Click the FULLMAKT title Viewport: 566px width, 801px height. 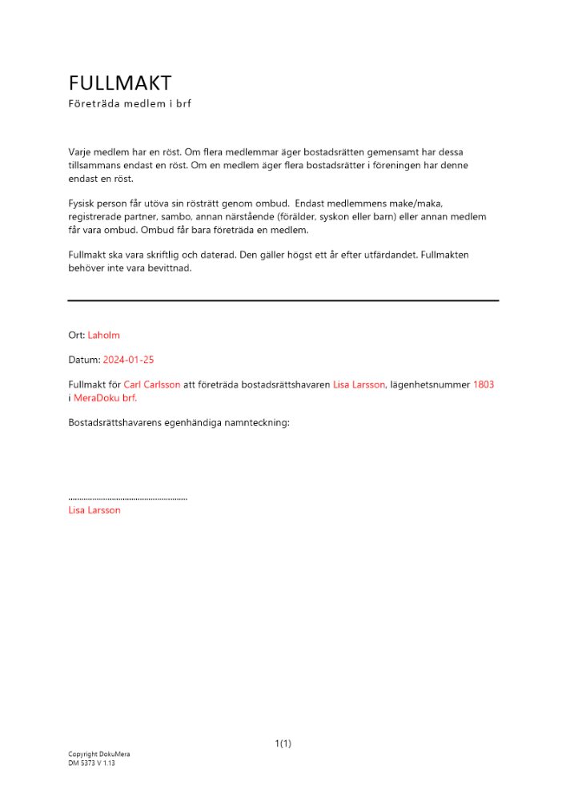[x=120, y=83]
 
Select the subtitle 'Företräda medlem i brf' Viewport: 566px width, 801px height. [x=130, y=104]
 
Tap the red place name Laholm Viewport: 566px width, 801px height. [x=103, y=336]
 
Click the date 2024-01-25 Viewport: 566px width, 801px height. [x=128, y=360]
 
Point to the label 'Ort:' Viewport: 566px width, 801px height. [x=77, y=336]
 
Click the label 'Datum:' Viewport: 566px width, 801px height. [x=85, y=360]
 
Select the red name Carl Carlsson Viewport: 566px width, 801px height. [x=152, y=385]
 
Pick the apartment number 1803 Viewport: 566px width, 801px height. [x=484, y=385]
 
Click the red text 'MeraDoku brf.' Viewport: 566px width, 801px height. [x=106, y=398]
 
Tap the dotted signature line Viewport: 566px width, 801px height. [x=128, y=499]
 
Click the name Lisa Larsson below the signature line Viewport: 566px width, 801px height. [x=94, y=510]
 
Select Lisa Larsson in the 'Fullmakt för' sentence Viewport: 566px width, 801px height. [x=359, y=385]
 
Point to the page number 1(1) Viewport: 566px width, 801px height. [x=283, y=744]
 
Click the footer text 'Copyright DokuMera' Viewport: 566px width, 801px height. [x=98, y=755]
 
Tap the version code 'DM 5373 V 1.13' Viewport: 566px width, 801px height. [x=91, y=763]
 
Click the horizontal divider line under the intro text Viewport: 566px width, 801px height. [x=283, y=300]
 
